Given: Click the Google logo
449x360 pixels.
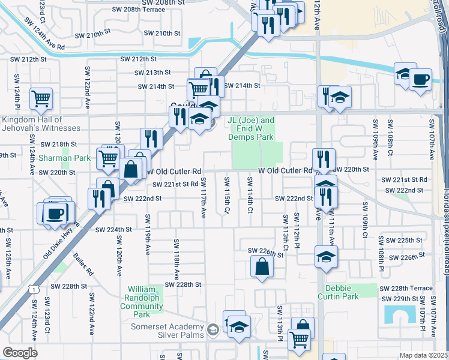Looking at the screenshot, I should tap(20, 353).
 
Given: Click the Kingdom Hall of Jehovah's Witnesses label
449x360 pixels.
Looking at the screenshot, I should tap(41, 124).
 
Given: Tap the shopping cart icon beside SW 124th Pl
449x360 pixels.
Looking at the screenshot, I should tap(41, 98).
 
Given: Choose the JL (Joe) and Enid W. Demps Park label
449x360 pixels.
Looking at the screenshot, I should tap(251, 128).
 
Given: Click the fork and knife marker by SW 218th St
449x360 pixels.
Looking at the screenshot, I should tap(151, 139).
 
